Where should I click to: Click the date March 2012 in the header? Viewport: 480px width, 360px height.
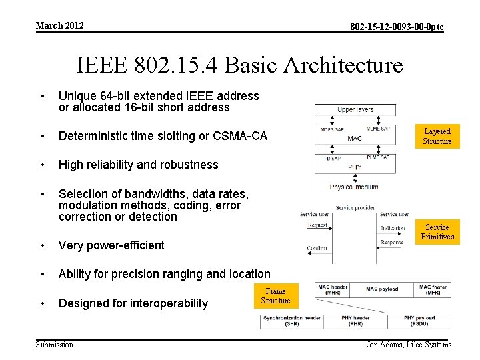(60, 25)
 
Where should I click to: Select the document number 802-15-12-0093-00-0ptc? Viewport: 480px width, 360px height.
(397, 27)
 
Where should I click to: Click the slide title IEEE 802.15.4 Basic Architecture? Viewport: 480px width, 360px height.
(240, 65)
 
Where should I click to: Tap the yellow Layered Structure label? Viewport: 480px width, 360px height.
(437, 136)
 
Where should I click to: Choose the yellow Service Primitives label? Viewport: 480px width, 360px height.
(437, 232)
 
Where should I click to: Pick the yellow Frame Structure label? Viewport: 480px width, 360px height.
(275, 296)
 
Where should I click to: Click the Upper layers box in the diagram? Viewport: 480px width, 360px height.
(355, 109)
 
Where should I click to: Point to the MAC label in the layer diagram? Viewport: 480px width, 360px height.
(355, 139)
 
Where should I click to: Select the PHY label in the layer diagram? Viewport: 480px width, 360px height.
(355, 167)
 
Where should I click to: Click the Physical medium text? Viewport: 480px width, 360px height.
(353, 187)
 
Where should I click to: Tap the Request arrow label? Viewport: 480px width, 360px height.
(317, 225)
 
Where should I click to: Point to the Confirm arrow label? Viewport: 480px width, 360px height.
(317, 248)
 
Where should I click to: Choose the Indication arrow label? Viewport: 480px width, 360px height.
(393, 228)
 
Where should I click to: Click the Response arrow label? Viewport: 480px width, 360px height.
(392, 243)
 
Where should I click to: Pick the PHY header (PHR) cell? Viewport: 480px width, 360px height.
(355, 321)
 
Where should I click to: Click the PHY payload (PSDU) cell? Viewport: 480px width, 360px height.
(419, 321)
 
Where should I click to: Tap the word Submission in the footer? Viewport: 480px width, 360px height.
(55, 344)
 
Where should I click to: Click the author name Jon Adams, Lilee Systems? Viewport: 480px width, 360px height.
(409, 345)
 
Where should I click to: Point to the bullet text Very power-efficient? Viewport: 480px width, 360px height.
(111, 245)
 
